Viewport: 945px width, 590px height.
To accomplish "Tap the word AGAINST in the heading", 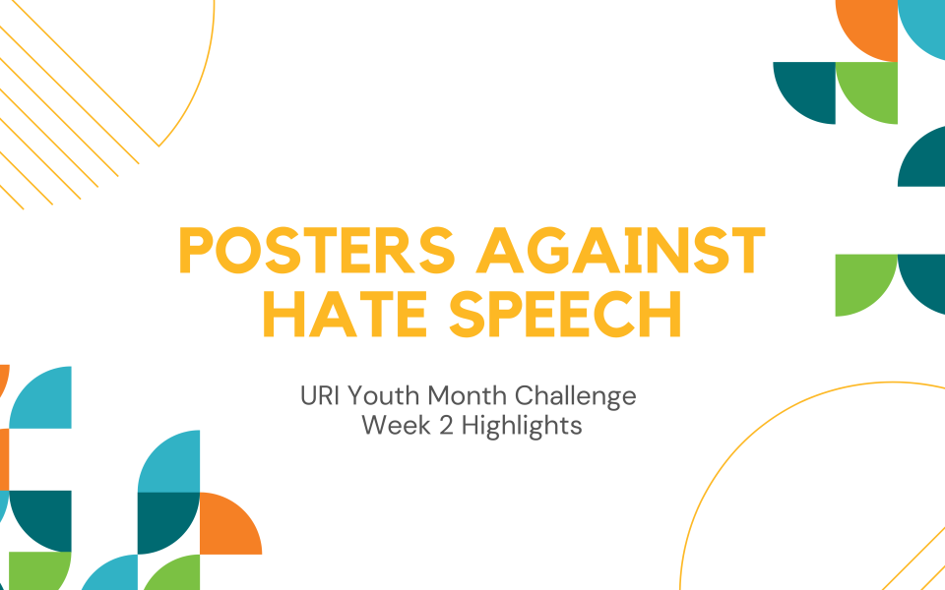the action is pos(621,251).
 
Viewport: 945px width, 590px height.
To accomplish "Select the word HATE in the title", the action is pos(346,314).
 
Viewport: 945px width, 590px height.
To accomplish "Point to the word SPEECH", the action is pos(566,314).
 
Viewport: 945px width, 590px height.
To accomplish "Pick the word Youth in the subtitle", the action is pos(384,396).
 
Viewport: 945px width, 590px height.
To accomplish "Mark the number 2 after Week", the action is pos(445,426).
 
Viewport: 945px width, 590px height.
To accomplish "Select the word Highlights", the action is pos(522,427).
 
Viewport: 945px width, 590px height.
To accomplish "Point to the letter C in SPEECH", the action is pos(616,314).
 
